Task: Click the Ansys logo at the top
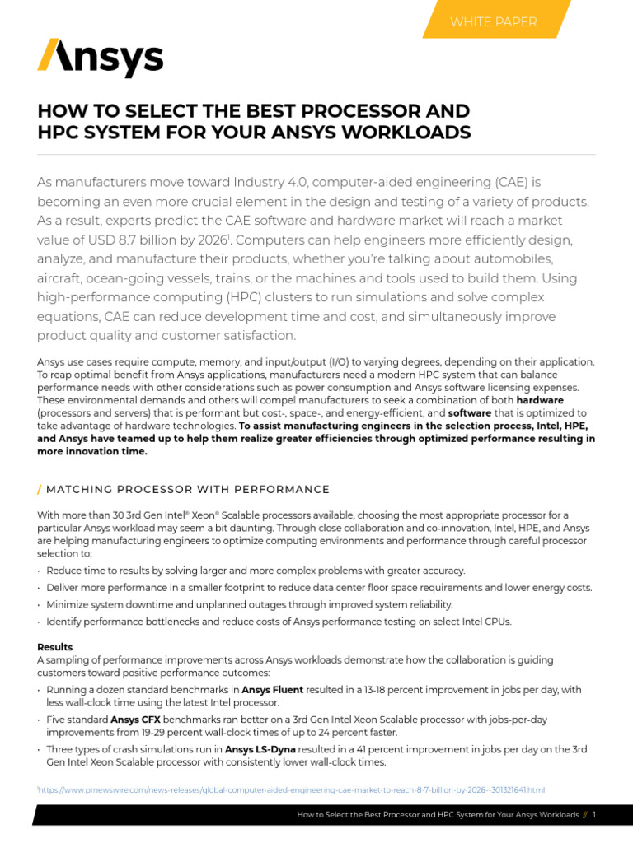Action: click(x=100, y=58)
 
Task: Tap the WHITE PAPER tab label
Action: click(x=493, y=21)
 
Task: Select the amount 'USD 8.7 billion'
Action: click(x=130, y=240)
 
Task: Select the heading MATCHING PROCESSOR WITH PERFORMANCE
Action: click(x=188, y=490)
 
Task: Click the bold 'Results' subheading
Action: click(x=54, y=647)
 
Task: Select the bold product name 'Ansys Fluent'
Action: click(x=272, y=690)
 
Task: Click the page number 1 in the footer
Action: click(x=593, y=815)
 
